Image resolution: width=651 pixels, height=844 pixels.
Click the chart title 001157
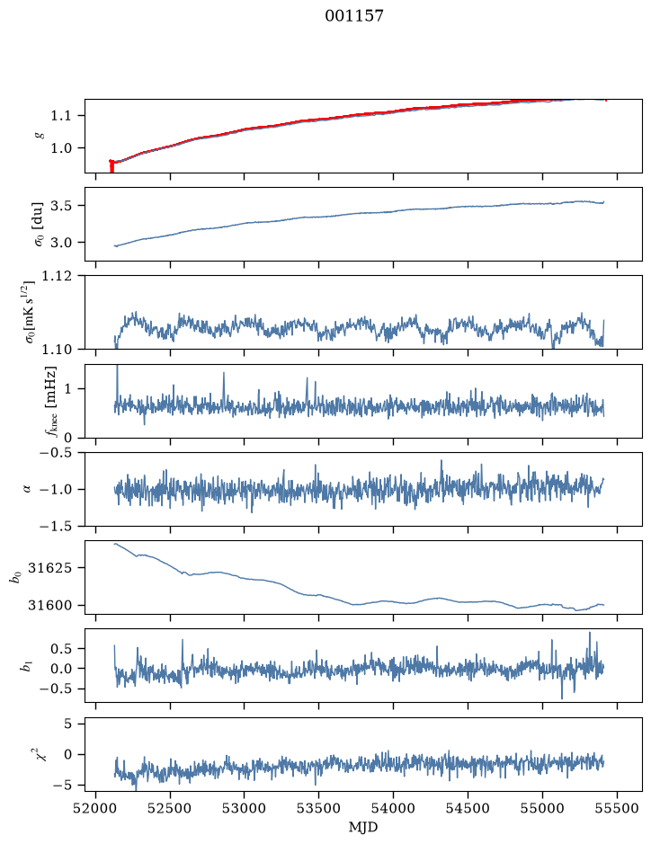(353, 15)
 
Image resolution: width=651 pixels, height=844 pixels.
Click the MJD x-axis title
(363, 827)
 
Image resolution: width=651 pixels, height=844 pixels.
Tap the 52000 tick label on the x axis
(96, 808)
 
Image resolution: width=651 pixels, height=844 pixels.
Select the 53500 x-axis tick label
(319, 808)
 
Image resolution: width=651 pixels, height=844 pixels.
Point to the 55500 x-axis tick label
(617, 808)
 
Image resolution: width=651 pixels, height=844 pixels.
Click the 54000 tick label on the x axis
(393, 808)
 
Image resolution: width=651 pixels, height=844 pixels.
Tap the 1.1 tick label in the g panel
(60, 115)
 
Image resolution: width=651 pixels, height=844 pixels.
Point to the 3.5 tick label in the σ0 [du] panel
(60, 205)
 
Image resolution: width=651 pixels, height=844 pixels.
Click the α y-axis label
(27, 489)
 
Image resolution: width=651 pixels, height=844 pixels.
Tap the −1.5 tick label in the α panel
(55, 526)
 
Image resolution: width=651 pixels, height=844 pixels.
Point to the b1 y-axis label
(25, 666)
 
